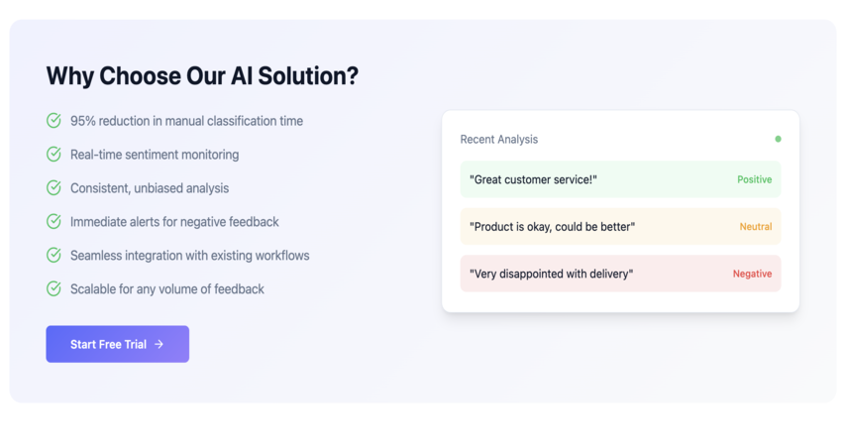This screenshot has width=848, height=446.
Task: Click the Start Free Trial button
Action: click(117, 344)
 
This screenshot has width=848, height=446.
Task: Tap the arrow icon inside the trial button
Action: click(159, 344)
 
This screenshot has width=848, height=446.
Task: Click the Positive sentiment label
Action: click(755, 179)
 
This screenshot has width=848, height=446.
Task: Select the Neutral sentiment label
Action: click(756, 226)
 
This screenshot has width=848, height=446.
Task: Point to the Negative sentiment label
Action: click(752, 274)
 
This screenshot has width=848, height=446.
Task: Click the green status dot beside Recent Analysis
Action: click(778, 139)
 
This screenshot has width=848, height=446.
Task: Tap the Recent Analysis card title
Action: click(498, 139)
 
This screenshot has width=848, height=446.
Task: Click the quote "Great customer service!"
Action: click(533, 179)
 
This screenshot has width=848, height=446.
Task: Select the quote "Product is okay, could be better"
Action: click(552, 227)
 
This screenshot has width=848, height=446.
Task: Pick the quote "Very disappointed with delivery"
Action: click(551, 274)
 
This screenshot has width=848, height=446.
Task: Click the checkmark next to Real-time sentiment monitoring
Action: click(53, 155)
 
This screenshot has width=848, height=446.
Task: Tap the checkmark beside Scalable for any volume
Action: click(53, 288)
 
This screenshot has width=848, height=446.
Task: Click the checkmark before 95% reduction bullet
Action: click(53, 120)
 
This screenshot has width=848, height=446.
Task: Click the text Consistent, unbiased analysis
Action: click(150, 188)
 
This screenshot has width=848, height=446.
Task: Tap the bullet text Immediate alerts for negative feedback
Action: click(174, 222)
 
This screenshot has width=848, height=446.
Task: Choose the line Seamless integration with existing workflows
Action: click(190, 256)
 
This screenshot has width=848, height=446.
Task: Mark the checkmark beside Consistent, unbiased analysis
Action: click(53, 188)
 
